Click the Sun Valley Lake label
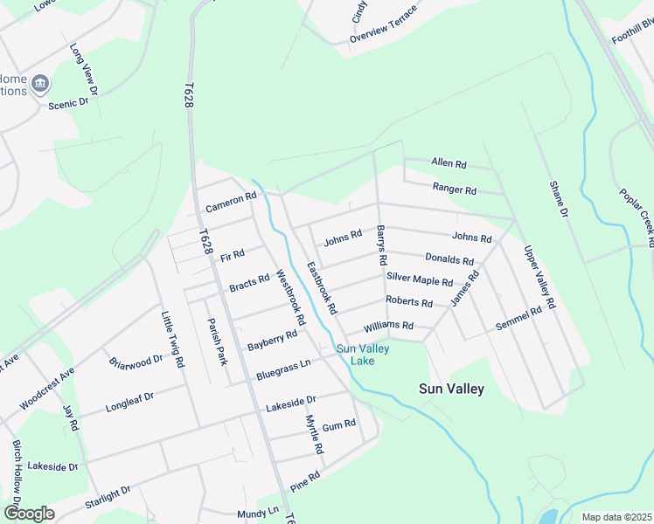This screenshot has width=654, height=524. [364, 355]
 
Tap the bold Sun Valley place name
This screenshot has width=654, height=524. [451, 389]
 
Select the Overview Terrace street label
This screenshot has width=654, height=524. [383, 32]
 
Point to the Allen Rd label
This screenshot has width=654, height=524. [449, 164]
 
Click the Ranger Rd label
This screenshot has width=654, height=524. [455, 189]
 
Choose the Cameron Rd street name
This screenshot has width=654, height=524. [231, 203]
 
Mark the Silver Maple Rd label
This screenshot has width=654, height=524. [420, 280]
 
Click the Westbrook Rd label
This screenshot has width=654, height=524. [290, 297]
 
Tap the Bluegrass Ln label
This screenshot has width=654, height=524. [283, 369]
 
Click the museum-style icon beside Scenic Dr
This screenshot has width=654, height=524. [40, 84]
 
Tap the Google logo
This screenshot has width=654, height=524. [29, 513]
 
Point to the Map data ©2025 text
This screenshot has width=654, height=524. [616, 517]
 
